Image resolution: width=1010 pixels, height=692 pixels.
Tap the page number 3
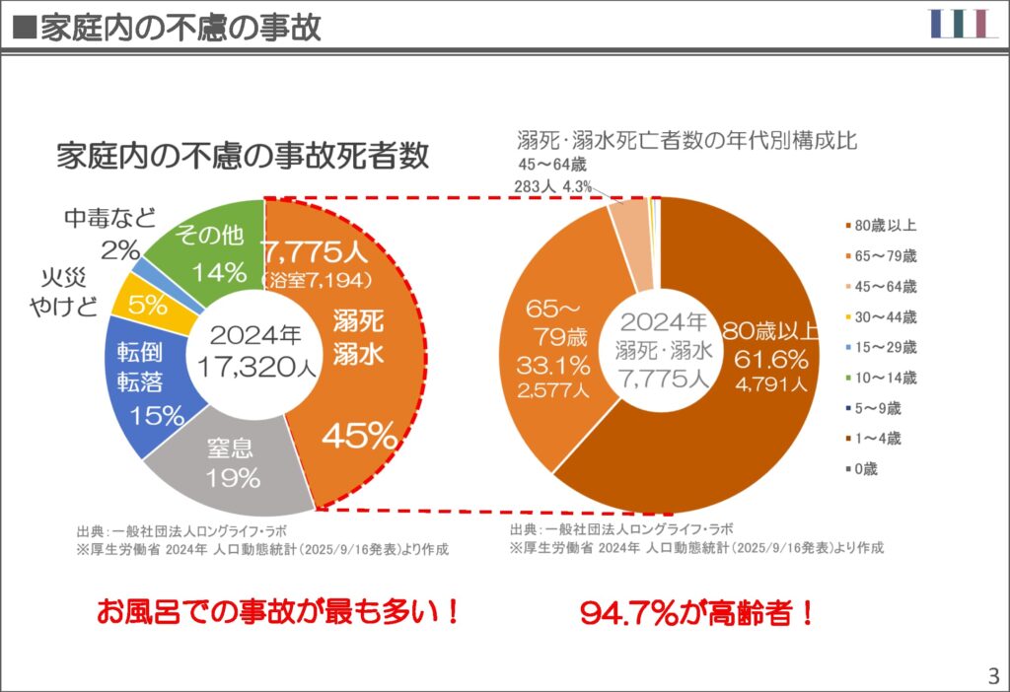[x=992, y=676]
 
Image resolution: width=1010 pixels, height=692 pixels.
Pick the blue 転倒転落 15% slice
[x=149, y=384]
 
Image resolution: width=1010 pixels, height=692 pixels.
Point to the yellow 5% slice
[x=146, y=306]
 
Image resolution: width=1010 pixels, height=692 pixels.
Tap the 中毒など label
[x=108, y=218]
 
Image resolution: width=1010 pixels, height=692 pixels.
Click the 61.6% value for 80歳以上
[x=770, y=356]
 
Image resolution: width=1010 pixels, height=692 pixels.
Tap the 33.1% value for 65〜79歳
[x=553, y=365]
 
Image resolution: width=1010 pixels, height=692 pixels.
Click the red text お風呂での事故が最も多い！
[x=277, y=612]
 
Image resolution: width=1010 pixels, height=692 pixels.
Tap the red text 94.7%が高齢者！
[x=697, y=613]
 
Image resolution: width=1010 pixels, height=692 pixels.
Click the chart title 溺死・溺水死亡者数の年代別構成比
[x=687, y=140]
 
